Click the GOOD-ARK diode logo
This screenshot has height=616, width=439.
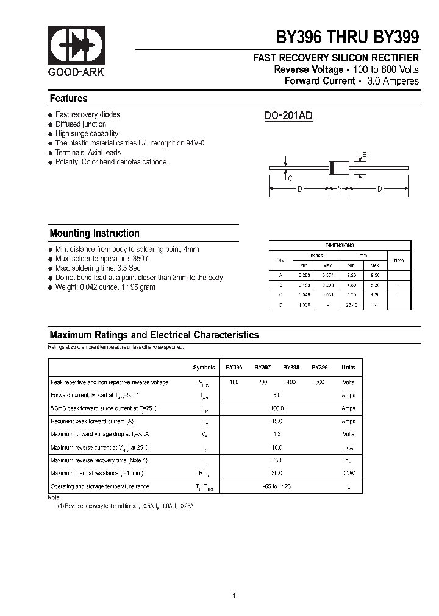(x=76, y=45)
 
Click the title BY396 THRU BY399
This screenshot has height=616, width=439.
(x=348, y=37)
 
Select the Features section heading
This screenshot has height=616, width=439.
(x=68, y=99)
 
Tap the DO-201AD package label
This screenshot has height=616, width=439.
(x=288, y=116)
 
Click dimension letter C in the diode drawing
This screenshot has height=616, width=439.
(x=290, y=178)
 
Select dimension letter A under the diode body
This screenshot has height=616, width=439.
(x=339, y=189)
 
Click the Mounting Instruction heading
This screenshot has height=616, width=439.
(x=95, y=233)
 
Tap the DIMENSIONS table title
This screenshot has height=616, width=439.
(x=340, y=245)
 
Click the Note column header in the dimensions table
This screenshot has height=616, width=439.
(x=399, y=260)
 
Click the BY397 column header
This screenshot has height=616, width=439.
(x=263, y=368)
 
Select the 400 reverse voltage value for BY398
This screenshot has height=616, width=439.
(x=291, y=382)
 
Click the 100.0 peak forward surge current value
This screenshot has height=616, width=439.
(x=277, y=408)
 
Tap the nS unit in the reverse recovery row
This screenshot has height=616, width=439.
(x=348, y=461)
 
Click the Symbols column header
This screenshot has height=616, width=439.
(x=204, y=368)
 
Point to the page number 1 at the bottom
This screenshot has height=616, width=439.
(x=234, y=578)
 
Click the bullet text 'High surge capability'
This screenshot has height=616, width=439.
(x=87, y=134)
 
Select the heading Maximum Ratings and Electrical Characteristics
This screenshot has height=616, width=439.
(x=154, y=335)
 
